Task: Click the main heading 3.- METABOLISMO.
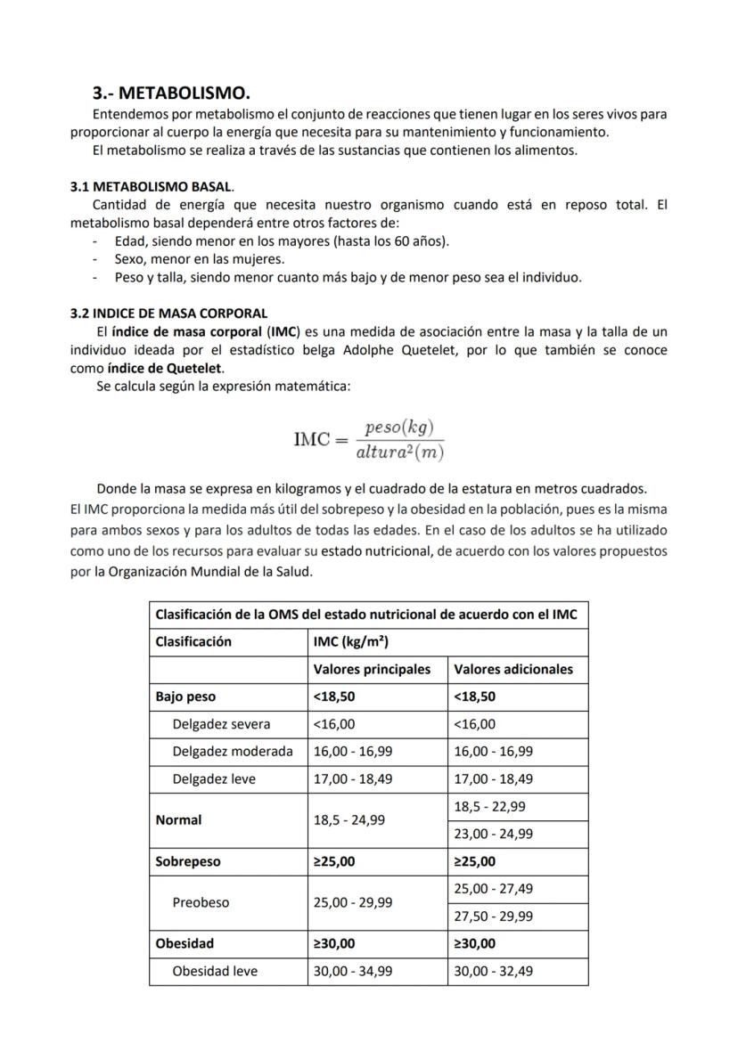171,93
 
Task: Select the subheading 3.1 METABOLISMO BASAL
152,187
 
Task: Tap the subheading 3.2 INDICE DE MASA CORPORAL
168,314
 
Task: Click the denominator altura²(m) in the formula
399,452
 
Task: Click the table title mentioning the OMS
365,615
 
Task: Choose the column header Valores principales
372,669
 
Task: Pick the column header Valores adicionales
513,669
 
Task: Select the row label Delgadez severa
221,724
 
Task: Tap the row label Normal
178,819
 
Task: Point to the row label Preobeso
201,902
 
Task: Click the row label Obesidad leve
215,971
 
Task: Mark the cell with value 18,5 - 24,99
349,819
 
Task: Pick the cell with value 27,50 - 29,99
494,916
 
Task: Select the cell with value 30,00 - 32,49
494,971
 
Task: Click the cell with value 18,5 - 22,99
489,806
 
